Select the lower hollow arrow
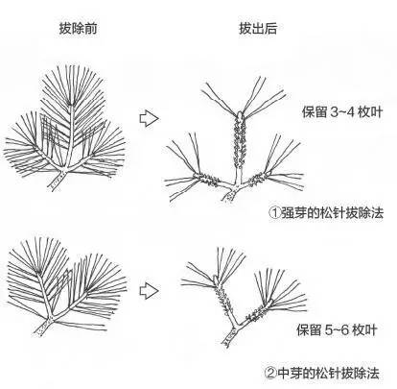point(149,286)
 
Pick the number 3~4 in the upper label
point(333,112)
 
